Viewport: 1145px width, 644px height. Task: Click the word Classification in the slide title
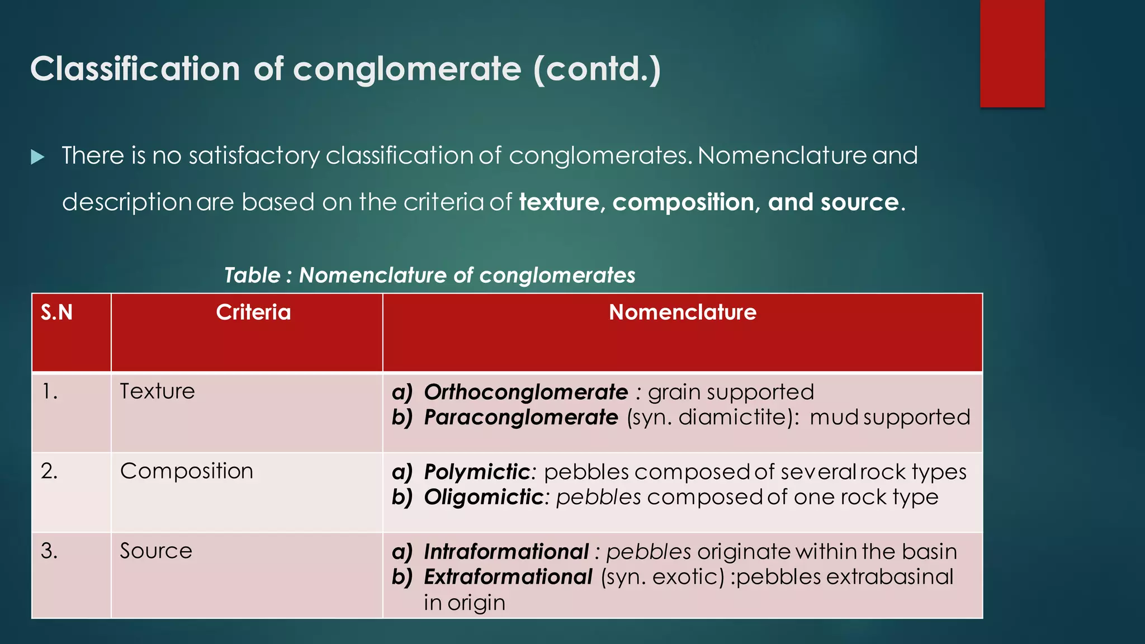pos(135,69)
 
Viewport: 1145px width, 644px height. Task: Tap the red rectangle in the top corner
pos(1012,53)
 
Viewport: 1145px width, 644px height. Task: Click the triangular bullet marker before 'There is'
pos(37,157)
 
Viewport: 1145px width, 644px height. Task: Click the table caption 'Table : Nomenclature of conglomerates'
pos(429,275)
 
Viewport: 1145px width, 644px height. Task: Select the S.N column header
pos(57,312)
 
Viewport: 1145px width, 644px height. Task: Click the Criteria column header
pos(253,312)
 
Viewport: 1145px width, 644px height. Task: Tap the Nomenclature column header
pos(682,312)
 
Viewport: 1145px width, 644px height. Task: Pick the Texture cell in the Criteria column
pos(157,391)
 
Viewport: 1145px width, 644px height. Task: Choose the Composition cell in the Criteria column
pos(186,471)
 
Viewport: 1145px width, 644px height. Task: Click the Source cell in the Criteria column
pos(156,551)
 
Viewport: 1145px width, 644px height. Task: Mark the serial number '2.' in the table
pos(49,471)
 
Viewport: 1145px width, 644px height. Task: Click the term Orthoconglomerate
pos(526,392)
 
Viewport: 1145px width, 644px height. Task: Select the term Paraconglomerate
pos(521,418)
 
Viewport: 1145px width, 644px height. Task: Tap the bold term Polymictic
pos(476,472)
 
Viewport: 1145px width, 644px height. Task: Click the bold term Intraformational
pos(506,552)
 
